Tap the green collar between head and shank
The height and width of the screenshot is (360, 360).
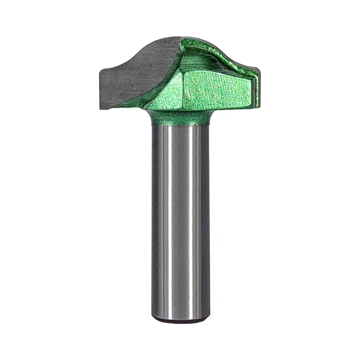[180, 116]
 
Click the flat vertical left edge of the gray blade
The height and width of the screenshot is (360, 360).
[100, 89]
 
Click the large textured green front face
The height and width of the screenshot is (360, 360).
[216, 89]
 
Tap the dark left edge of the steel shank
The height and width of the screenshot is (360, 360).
[154, 216]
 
